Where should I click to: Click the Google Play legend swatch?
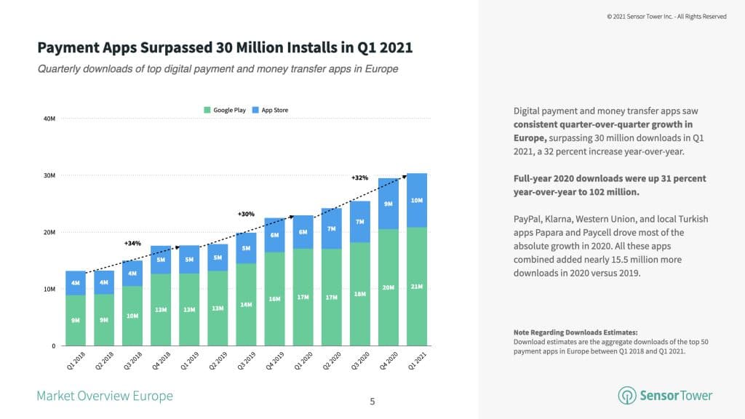click(207, 111)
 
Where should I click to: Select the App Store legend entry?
click(271, 111)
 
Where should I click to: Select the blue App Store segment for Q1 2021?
click(417, 200)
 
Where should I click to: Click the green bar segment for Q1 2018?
click(76, 320)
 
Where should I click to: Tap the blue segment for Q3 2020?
click(360, 221)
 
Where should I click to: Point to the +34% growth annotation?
click(132, 244)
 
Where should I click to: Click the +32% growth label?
click(359, 177)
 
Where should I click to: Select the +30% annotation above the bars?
click(246, 214)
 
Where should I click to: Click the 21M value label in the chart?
click(417, 287)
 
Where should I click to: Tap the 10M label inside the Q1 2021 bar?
click(417, 200)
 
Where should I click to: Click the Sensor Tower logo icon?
click(627, 395)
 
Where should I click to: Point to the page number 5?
click(372, 401)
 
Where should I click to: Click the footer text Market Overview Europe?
click(105, 396)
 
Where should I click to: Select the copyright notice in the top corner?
click(666, 16)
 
